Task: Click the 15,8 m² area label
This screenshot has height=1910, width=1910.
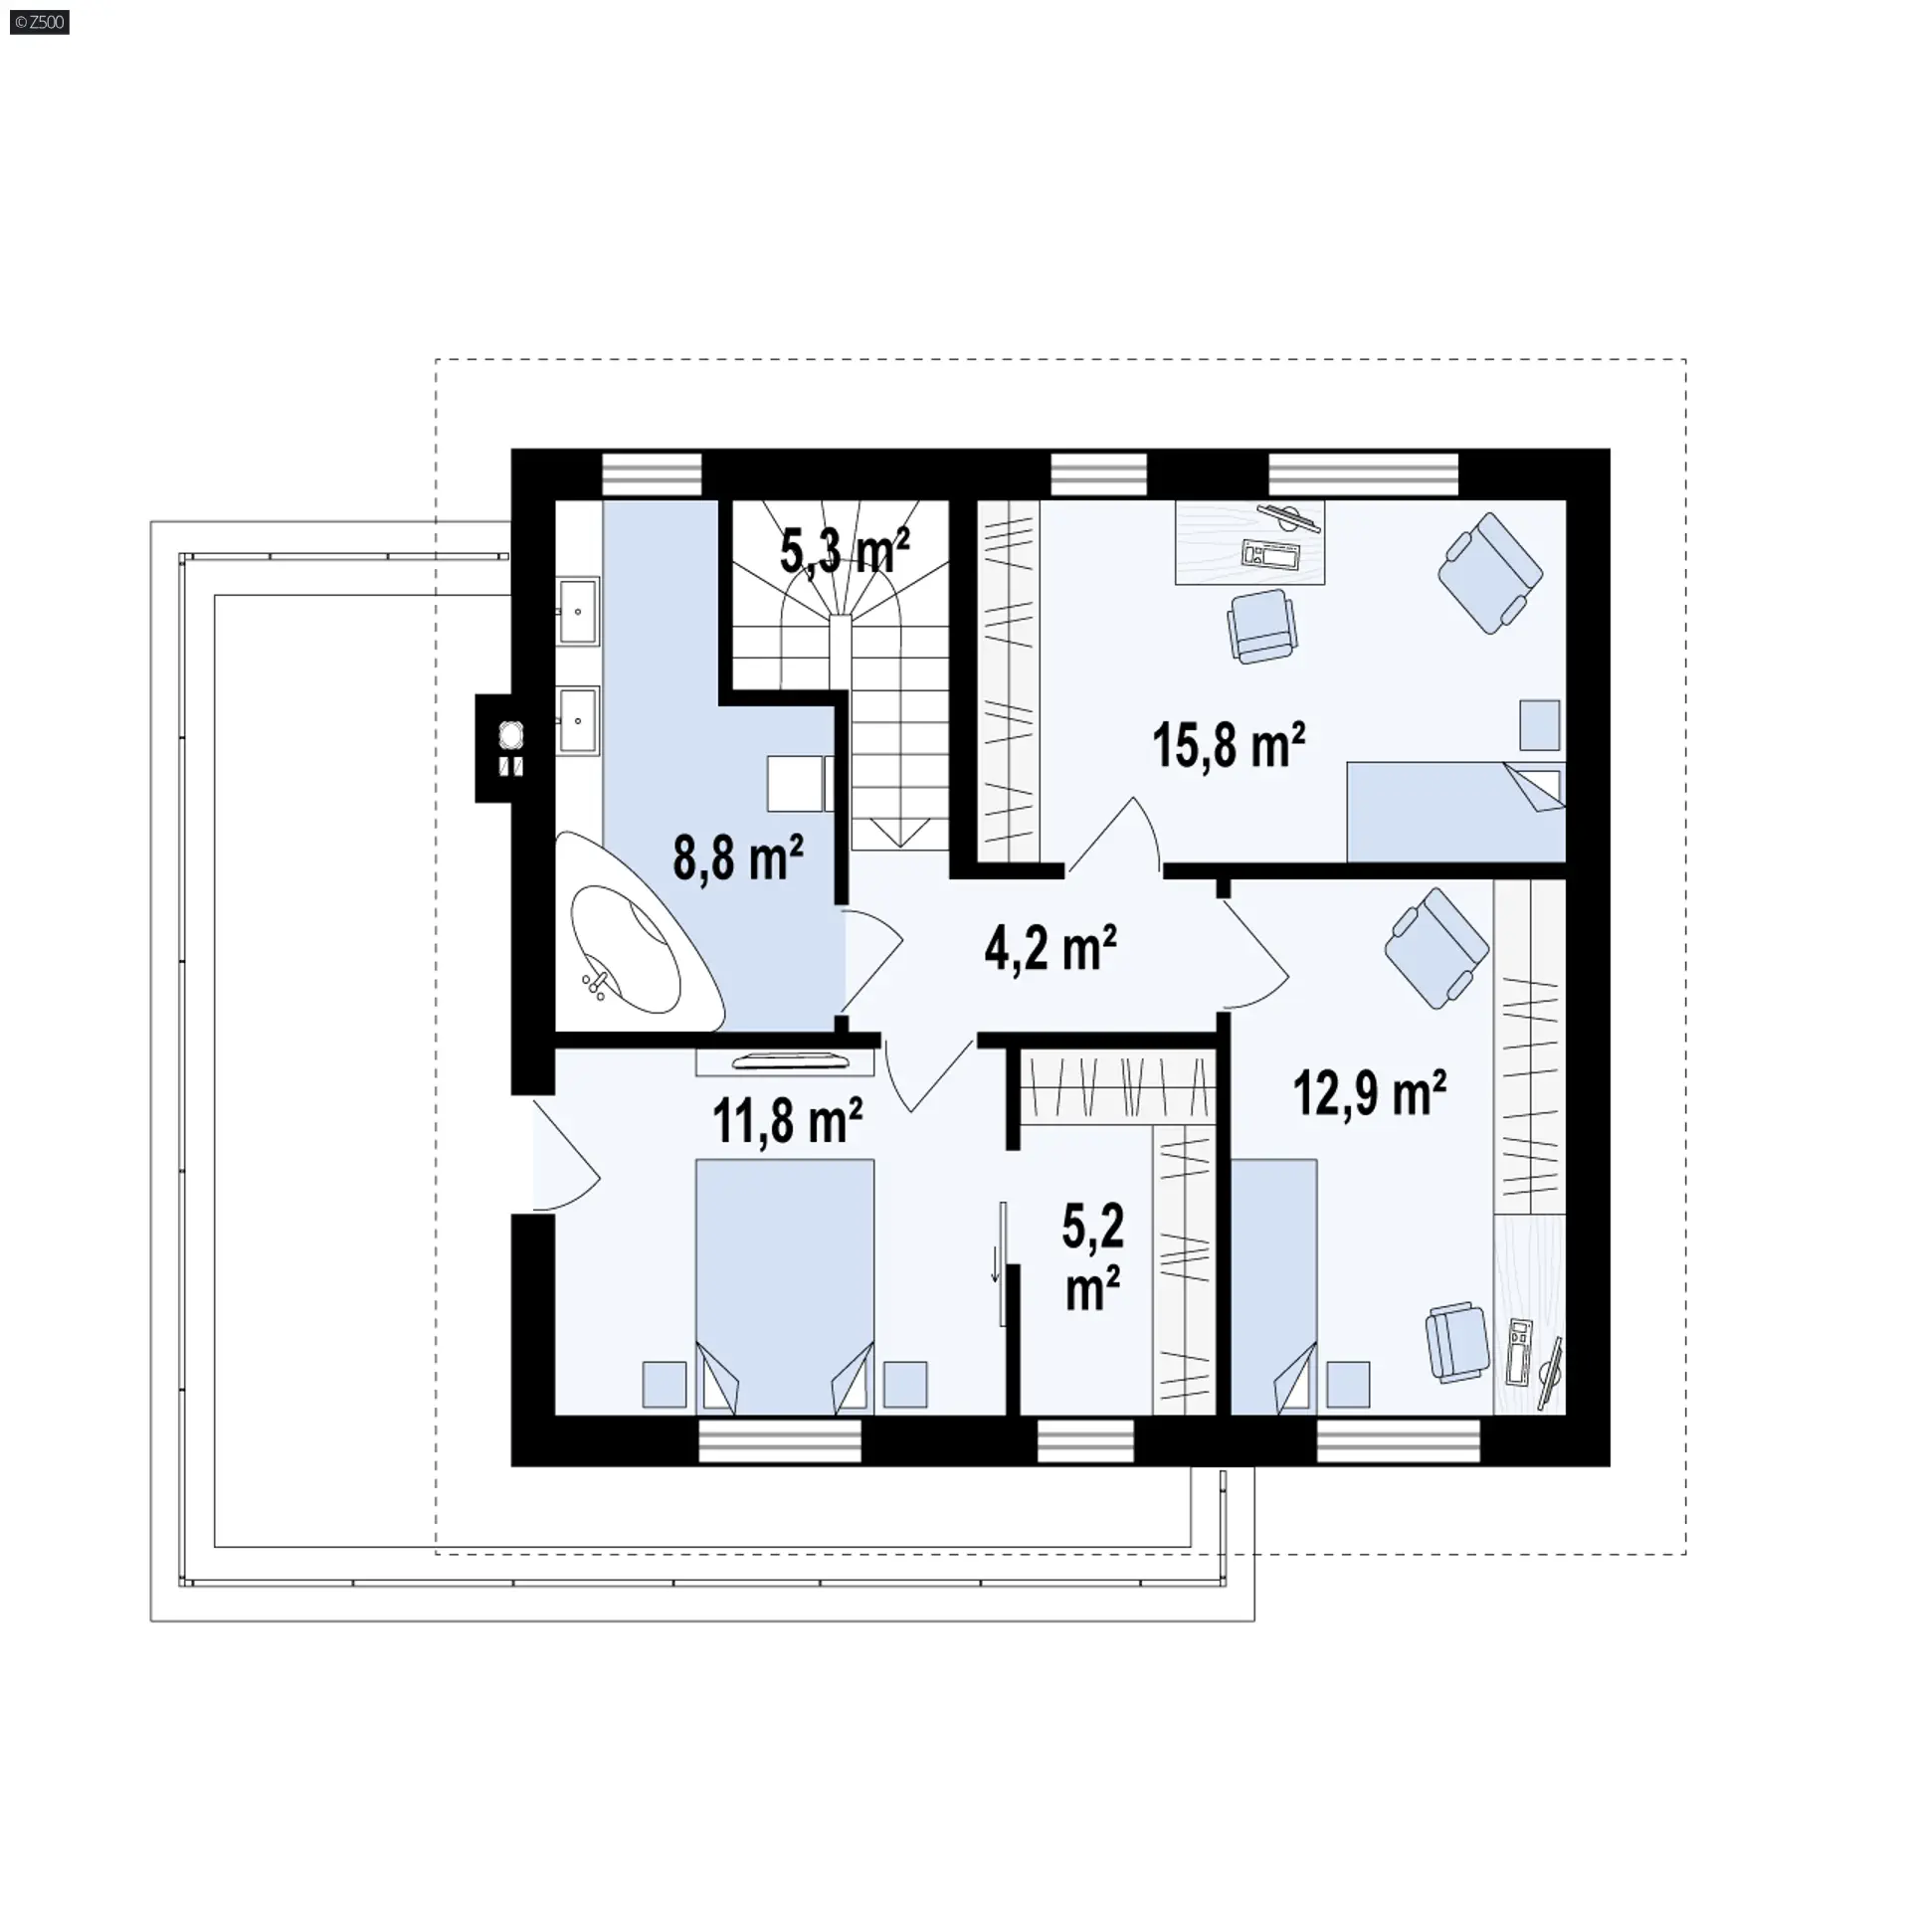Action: click(1229, 745)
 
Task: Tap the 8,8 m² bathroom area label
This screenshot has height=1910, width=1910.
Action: click(738, 857)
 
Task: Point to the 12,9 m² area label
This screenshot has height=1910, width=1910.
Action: click(1370, 1093)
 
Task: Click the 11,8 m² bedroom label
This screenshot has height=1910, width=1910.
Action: click(787, 1120)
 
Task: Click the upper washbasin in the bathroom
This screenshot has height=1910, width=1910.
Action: click(577, 612)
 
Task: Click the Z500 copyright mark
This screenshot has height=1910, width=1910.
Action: click(40, 21)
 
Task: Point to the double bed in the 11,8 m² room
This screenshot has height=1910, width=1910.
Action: click(785, 1286)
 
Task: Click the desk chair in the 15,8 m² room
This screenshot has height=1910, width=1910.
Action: click(1262, 626)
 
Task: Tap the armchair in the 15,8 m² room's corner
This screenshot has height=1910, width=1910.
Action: click(1490, 572)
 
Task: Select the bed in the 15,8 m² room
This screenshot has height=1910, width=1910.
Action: click(1455, 812)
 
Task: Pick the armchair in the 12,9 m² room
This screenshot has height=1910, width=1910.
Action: click(1437, 947)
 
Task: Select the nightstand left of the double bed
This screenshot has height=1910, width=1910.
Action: click(665, 1384)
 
